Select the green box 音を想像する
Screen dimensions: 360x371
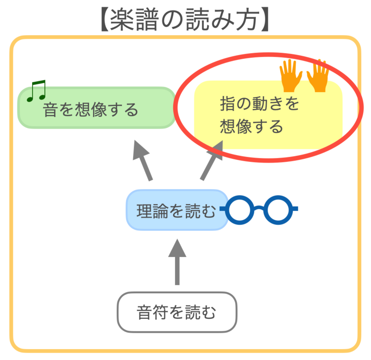(x=96, y=108)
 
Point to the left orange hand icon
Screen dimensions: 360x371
(x=290, y=75)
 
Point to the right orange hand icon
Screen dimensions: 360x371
(x=318, y=75)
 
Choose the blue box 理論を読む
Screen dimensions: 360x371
(x=176, y=210)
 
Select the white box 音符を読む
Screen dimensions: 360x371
(x=177, y=312)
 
